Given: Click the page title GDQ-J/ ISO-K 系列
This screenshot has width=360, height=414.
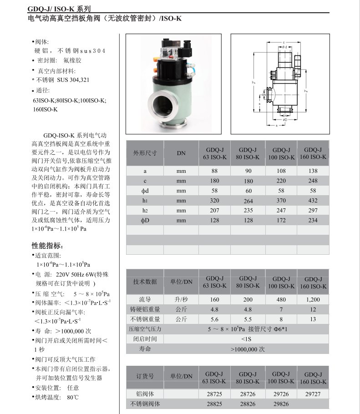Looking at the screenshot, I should click(59, 9).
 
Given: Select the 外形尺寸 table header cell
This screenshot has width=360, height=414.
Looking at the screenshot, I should click(144, 153).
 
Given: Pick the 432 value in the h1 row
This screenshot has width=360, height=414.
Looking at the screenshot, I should click(313, 200).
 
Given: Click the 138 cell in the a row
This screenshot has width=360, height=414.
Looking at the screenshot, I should click(313, 171).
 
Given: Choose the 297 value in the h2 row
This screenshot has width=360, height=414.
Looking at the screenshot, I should click(313, 210).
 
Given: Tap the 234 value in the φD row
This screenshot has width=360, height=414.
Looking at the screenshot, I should click(313, 220).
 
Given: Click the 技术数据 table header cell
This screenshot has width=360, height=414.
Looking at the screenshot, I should click(144, 282).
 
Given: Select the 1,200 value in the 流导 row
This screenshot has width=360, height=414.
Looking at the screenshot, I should click(313, 299).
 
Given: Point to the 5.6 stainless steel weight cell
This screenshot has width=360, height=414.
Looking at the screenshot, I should click(214, 319).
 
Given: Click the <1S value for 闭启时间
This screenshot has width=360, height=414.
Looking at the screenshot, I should click(248, 339).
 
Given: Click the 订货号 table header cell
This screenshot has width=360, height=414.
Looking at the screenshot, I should click(145, 376).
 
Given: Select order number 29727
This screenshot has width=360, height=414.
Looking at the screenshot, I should click(313, 394).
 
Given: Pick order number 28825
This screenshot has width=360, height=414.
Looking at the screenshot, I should click(214, 404).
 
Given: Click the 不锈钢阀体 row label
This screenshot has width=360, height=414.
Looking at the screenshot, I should click(145, 404).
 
